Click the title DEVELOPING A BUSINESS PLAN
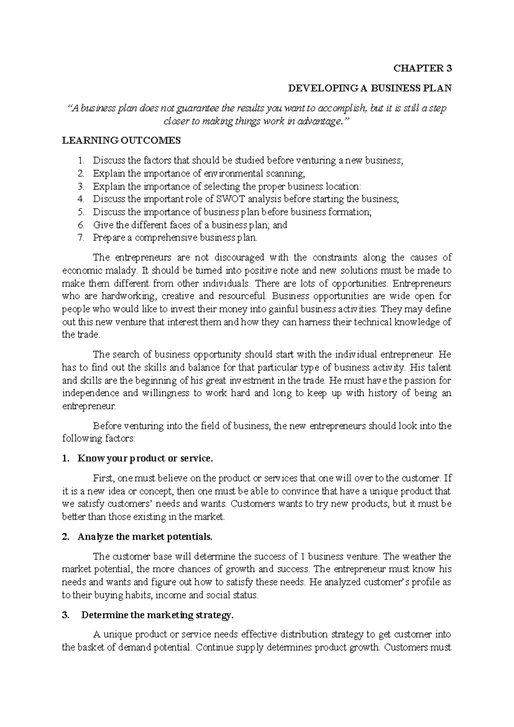(x=370, y=89)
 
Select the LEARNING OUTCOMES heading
(x=121, y=141)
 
